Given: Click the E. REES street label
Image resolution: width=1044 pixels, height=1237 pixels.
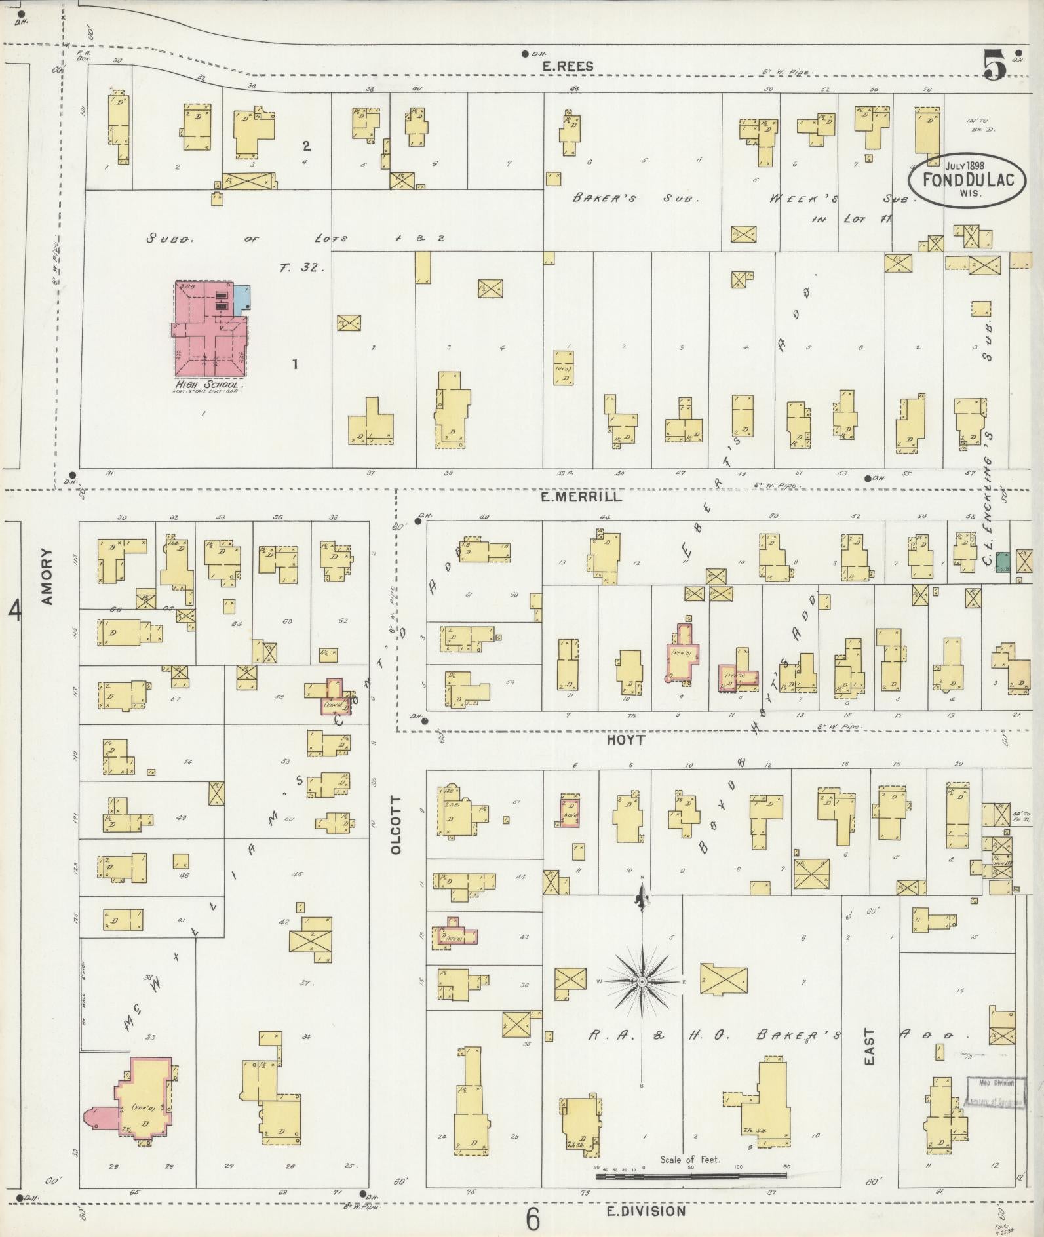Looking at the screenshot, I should [568, 66].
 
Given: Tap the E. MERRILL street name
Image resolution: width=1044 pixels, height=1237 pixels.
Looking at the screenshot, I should [581, 497].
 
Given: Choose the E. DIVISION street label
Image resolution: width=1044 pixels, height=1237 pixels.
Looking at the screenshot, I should [646, 1210].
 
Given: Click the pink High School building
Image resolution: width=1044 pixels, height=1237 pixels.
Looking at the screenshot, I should [206, 328].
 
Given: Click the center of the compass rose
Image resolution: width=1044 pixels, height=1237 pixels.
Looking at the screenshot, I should [642, 981].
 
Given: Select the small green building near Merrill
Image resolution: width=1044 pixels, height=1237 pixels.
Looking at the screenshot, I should [1002, 561].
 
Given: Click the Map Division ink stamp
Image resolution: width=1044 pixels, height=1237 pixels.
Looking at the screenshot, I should [996, 1092].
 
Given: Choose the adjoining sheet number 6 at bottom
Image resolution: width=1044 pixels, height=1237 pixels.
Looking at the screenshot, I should [532, 1219].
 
